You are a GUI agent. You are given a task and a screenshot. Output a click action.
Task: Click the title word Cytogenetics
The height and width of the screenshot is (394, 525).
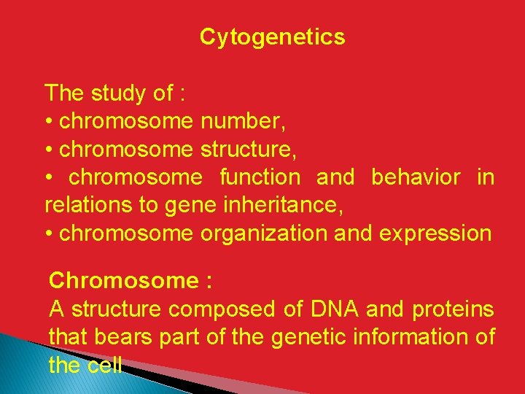tap(272, 37)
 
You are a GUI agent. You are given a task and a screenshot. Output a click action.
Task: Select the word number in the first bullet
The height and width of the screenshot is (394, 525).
tap(247, 121)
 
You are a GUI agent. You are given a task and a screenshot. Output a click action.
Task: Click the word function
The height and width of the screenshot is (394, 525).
tap(260, 177)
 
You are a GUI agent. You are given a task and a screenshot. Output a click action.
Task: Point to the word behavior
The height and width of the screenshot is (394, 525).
tap(416, 177)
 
